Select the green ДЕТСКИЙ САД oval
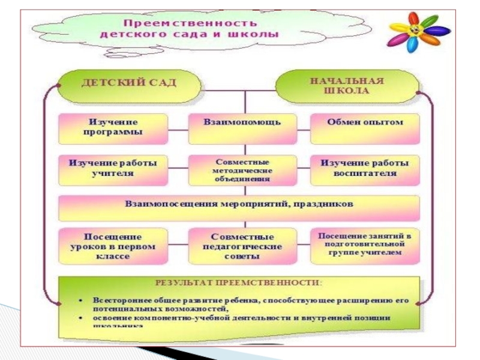click(x=130, y=82)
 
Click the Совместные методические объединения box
click(x=242, y=170)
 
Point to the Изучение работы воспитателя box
click(x=365, y=168)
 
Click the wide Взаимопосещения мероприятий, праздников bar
click(x=239, y=204)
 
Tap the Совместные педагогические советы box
click(x=242, y=246)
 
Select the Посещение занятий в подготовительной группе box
click(x=365, y=245)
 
